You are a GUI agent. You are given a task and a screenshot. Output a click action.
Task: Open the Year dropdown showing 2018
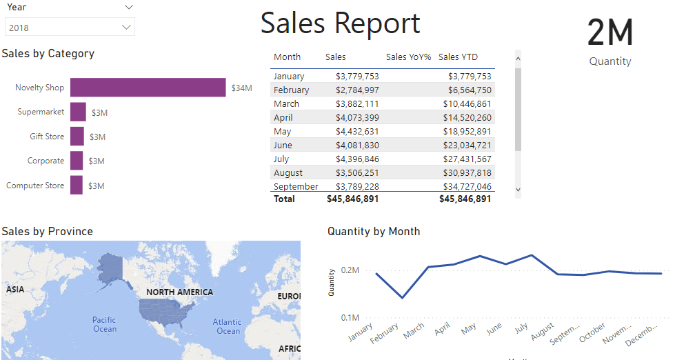[69, 28]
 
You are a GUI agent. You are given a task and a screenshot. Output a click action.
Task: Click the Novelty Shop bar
[148, 88]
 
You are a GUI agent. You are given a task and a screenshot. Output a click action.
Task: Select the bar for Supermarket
[78, 112]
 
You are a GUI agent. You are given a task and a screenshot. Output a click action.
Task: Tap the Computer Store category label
[35, 186]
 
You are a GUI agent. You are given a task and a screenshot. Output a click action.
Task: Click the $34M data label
[241, 88]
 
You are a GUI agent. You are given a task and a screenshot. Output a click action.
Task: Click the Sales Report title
[340, 23]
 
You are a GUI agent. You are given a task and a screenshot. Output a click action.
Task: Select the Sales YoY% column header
[408, 57]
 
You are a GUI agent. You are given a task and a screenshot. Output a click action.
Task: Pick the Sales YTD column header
[458, 57]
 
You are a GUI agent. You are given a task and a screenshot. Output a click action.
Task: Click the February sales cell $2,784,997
[357, 90]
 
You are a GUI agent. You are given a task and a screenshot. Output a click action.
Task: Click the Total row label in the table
[284, 199]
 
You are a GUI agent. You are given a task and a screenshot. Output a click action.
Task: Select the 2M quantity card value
[610, 32]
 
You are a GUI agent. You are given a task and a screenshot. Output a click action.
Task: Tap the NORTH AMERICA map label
[179, 292]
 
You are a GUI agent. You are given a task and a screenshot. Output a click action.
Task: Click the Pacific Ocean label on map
[105, 324]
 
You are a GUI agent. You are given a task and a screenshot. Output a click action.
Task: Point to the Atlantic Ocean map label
[227, 326]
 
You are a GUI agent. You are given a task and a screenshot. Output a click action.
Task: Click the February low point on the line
[403, 298]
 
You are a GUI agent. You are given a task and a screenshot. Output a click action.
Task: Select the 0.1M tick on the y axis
[350, 318]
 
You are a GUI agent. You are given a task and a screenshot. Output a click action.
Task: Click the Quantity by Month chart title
[374, 232]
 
